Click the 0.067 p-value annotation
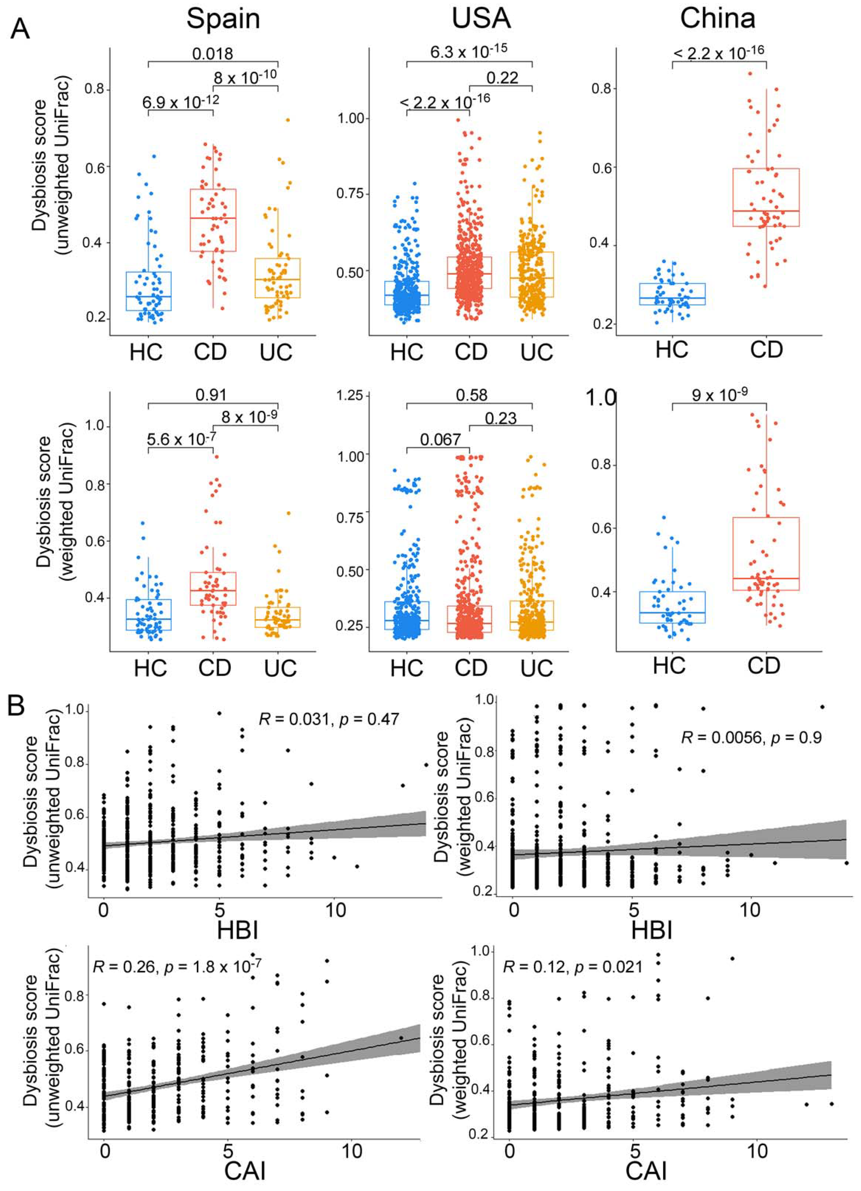click(x=440, y=439)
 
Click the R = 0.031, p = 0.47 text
click(x=329, y=718)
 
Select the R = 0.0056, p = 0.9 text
click(x=751, y=737)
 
